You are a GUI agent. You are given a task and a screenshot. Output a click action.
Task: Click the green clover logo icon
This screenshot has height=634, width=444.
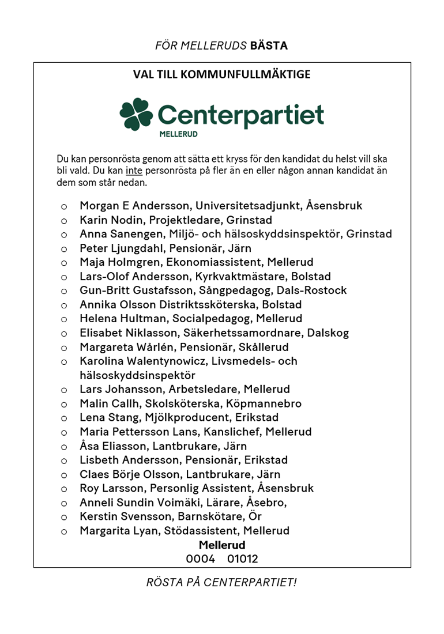136,114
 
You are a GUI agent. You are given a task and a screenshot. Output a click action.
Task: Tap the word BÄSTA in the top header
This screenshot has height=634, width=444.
269,46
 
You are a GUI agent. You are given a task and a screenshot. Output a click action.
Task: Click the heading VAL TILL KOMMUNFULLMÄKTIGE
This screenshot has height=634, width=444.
222,74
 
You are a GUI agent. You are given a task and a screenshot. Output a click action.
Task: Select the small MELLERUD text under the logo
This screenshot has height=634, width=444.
179,134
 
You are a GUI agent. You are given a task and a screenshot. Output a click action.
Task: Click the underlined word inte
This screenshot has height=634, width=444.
134,171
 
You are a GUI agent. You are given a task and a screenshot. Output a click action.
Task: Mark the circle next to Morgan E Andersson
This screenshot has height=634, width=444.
64,206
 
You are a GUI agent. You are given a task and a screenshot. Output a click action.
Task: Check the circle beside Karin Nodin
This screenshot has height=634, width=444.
64,220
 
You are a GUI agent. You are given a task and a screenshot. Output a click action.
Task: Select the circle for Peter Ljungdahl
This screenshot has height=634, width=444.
64,248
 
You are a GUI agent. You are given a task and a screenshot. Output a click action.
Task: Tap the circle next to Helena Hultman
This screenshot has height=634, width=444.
64,319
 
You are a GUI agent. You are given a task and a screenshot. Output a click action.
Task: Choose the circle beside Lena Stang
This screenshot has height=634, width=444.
64,418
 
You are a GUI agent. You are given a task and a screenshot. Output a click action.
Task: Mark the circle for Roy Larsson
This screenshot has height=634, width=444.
64,489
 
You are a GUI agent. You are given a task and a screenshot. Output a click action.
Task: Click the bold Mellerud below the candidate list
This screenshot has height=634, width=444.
222,545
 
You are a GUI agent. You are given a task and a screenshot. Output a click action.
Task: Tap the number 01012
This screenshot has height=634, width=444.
242,559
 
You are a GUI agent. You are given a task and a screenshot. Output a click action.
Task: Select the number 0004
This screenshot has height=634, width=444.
200,559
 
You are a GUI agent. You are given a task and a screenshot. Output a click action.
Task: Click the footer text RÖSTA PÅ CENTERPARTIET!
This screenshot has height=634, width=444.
221,582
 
